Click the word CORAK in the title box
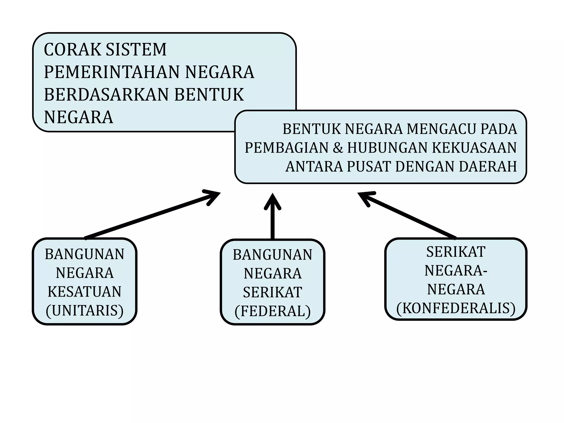pyautogui.click(x=72, y=50)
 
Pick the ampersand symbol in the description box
pyautogui.click(x=338, y=148)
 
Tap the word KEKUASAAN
pyautogui.click(x=474, y=148)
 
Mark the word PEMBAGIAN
pyautogui.click(x=287, y=148)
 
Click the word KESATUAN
pyautogui.click(x=85, y=292)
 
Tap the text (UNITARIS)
pyautogui.click(x=85, y=311)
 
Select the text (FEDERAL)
pyautogui.click(x=273, y=311)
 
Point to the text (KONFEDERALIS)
pyautogui.click(x=456, y=308)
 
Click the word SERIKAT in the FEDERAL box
pyautogui.click(x=273, y=292)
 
